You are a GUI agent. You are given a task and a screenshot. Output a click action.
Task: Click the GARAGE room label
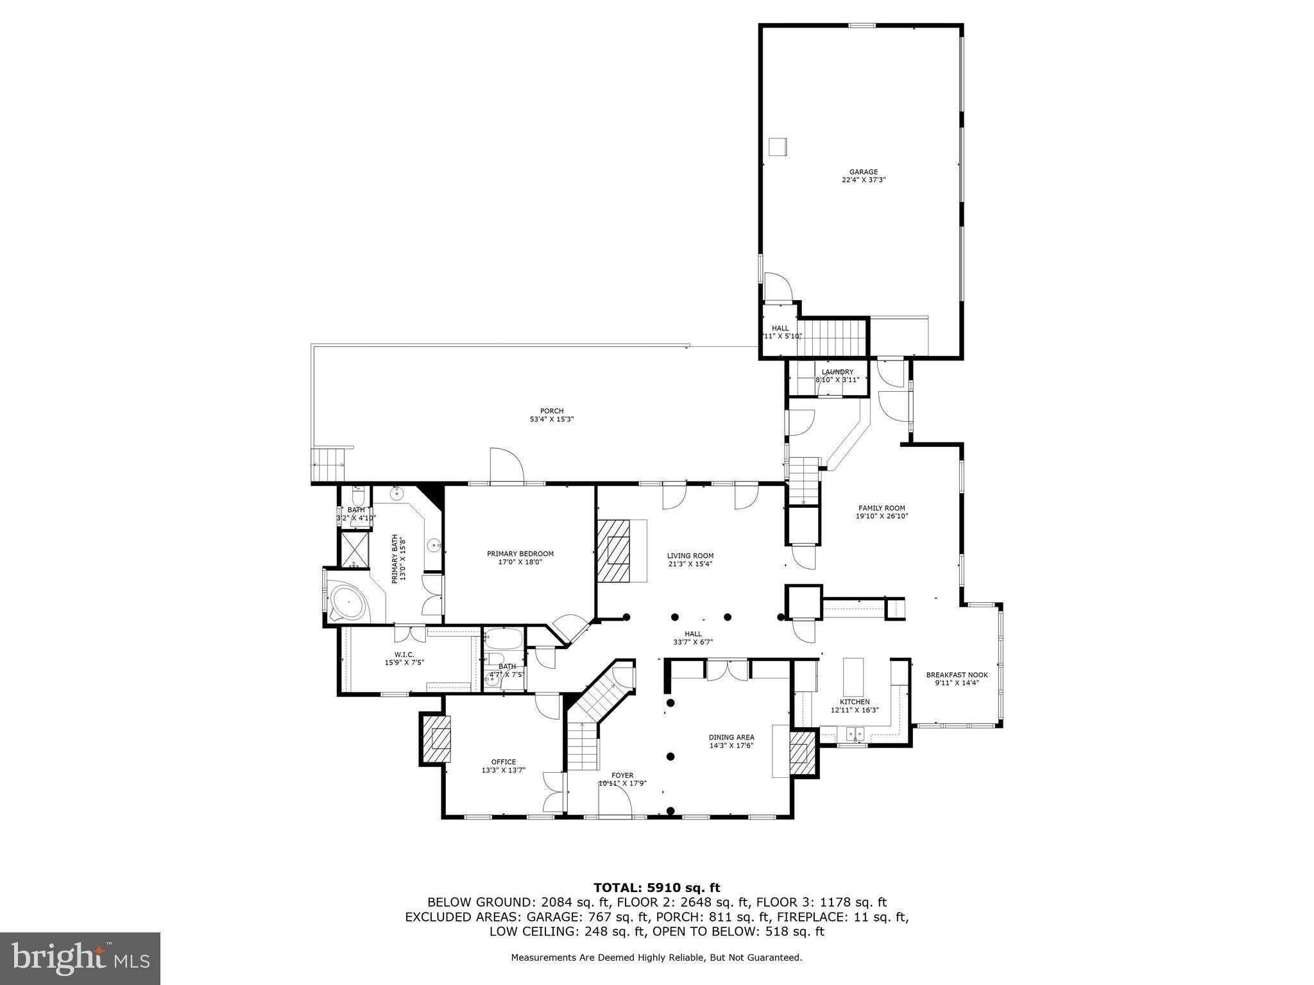(x=864, y=172)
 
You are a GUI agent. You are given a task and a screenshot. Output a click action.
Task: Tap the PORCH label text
(x=551, y=411)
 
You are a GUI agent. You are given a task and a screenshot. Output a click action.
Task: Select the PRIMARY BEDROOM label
(x=520, y=554)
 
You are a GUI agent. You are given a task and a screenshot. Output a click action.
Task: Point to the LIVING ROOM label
(x=690, y=556)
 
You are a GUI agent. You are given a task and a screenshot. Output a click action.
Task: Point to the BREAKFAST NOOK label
(x=957, y=675)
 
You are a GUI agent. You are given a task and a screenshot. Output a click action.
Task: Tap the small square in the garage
(x=778, y=146)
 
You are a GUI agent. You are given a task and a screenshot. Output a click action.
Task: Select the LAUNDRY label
(x=837, y=372)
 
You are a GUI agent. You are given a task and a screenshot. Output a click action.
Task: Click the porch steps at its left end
(x=327, y=466)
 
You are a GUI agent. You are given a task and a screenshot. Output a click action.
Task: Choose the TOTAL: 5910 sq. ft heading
(x=656, y=888)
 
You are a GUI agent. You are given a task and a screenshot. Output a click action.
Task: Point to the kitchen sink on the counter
(x=855, y=732)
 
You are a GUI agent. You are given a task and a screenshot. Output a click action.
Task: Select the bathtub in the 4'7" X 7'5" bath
(x=503, y=639)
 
